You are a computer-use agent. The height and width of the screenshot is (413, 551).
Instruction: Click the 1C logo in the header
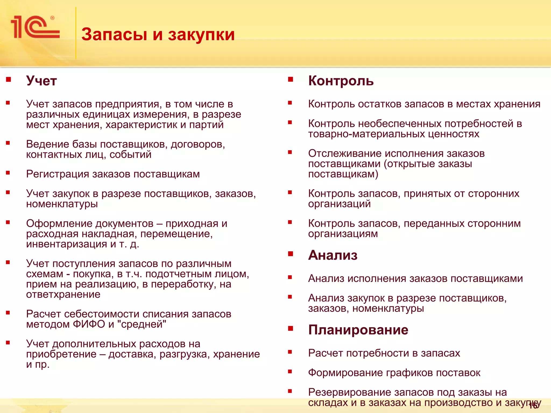35,27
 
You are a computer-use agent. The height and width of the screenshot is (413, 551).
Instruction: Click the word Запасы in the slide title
114,34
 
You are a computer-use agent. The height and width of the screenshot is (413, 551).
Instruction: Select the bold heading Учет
41,81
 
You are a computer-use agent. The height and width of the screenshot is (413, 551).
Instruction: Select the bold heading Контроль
341,81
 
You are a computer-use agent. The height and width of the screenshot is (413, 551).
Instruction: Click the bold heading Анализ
333,255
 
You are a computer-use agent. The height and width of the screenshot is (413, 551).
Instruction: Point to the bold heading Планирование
358,330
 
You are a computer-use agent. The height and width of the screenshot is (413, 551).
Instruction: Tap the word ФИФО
89,324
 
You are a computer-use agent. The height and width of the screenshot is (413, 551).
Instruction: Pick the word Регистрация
58,174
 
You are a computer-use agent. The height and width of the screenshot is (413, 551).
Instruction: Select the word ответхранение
63,294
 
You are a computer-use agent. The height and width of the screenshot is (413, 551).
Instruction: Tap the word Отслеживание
345,154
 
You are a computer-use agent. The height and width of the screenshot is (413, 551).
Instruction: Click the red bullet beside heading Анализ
290,254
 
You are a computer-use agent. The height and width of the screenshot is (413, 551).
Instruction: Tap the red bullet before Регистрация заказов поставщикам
8,173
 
